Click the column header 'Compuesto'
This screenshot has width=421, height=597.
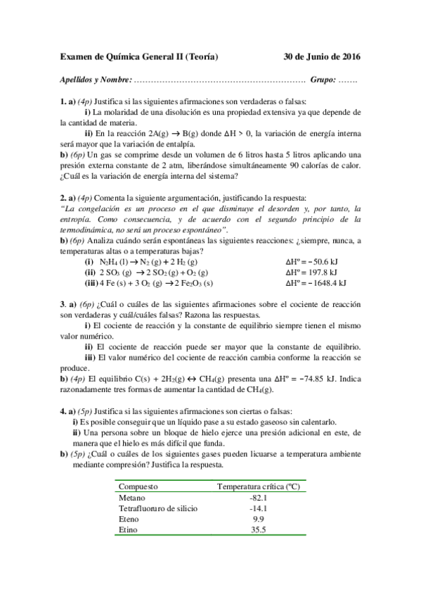click(x=138, y=486)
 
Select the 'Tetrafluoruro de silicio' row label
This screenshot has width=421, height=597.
click(x=159, y=508)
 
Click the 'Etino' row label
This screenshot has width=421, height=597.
click(x=129, y=529)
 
